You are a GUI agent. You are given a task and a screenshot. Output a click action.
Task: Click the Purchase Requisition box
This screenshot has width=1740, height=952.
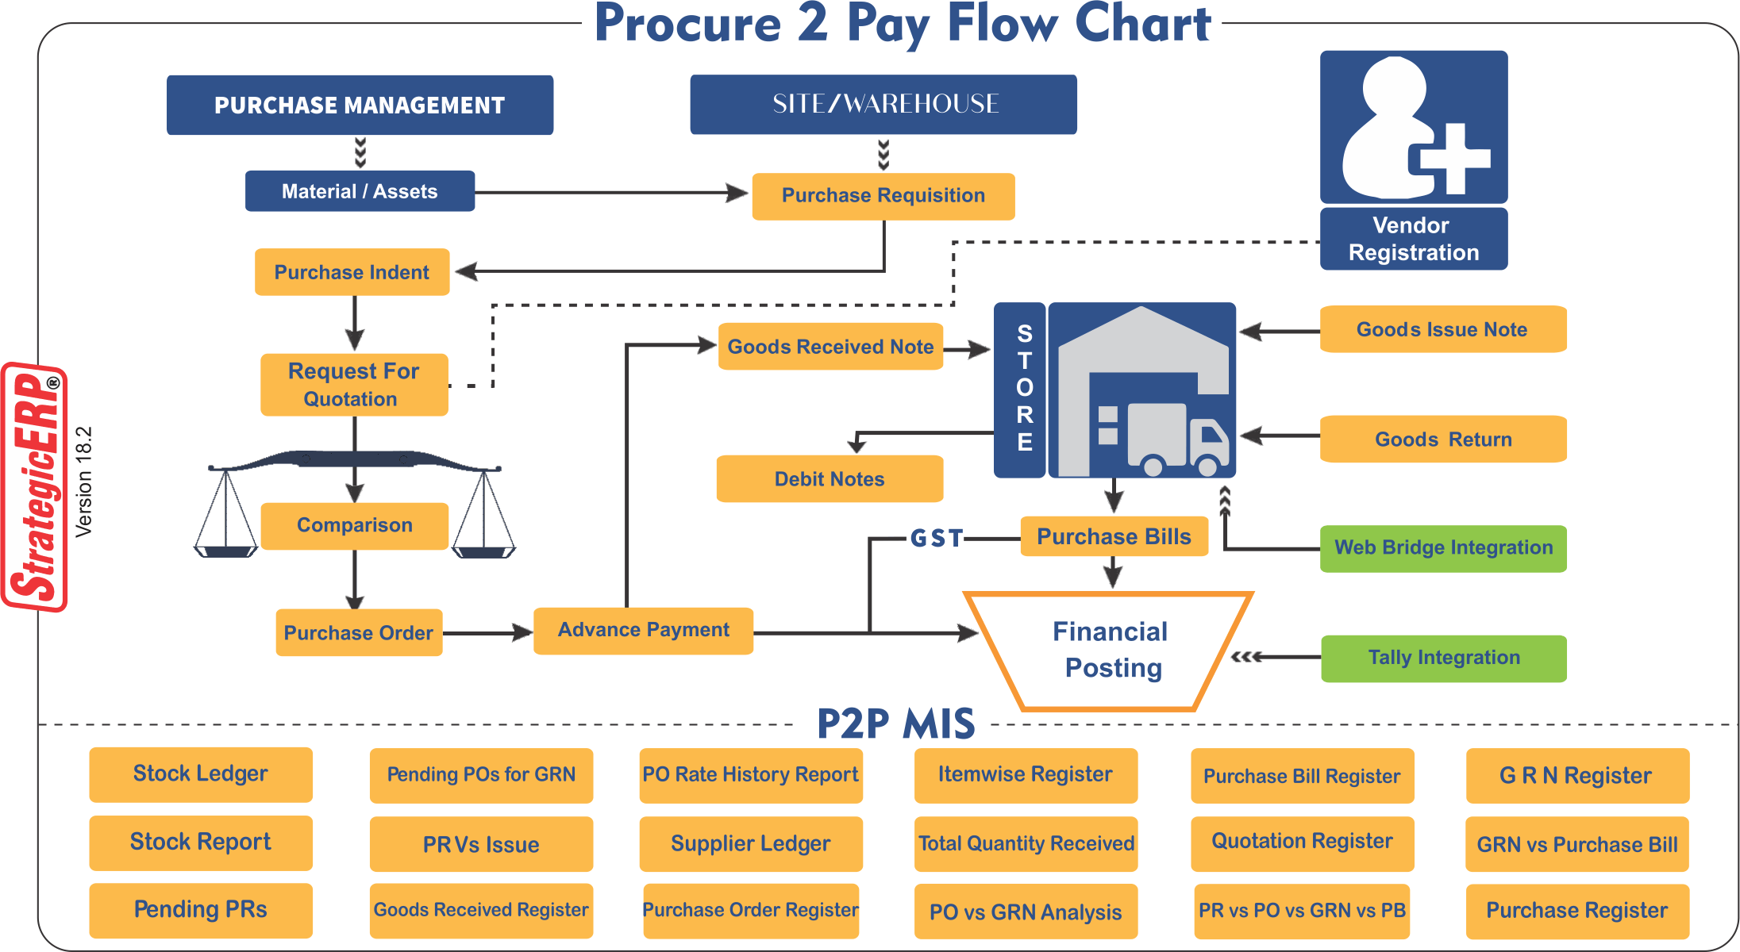pyautogui.click(x=883, y=196)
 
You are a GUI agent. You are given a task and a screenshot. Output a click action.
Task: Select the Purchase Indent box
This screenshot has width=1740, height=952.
pyautogui.click(x=352, y=272)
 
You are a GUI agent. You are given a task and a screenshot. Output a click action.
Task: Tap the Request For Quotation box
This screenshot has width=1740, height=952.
pyautogui.click(x=354, y=385)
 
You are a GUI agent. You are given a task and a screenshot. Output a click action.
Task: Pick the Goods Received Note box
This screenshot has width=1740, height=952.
pyautogui.click(x=830, y=347)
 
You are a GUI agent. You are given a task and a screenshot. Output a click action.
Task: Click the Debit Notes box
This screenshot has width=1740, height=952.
pyautogui.click(x=830, y=479)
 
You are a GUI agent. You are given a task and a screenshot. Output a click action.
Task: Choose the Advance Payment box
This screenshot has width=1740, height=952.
pyautogui.click(x=643, y=631)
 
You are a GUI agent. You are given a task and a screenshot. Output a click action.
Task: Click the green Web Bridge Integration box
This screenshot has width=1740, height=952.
pyautogui.click(x=1443, y=548)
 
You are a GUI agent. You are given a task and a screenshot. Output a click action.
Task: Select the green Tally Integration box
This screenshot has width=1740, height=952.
pyautogui.click(x=1443, y=658)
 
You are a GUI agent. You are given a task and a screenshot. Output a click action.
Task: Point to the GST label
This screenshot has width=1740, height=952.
pyautogui.click(x=937, y=539)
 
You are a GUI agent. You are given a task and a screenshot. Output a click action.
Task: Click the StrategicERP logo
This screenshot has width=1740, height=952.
pyautogui.click(x=36, y=487)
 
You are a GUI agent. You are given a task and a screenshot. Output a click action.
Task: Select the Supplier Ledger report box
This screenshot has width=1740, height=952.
pyautogui.click(x=750, y=844)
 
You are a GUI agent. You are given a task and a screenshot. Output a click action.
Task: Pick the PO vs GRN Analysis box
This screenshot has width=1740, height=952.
pyautogui.click(x=1026, y=912)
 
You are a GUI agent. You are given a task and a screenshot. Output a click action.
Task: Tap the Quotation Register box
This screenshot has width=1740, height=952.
pyautogui.click(x=1302, y=843)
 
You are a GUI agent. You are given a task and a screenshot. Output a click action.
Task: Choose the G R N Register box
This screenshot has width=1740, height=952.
pyautogui.click(x=1576, y=776)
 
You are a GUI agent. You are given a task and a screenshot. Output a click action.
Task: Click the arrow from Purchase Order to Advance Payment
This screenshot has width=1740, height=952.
pyautogui.click(x=487, y=633)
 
